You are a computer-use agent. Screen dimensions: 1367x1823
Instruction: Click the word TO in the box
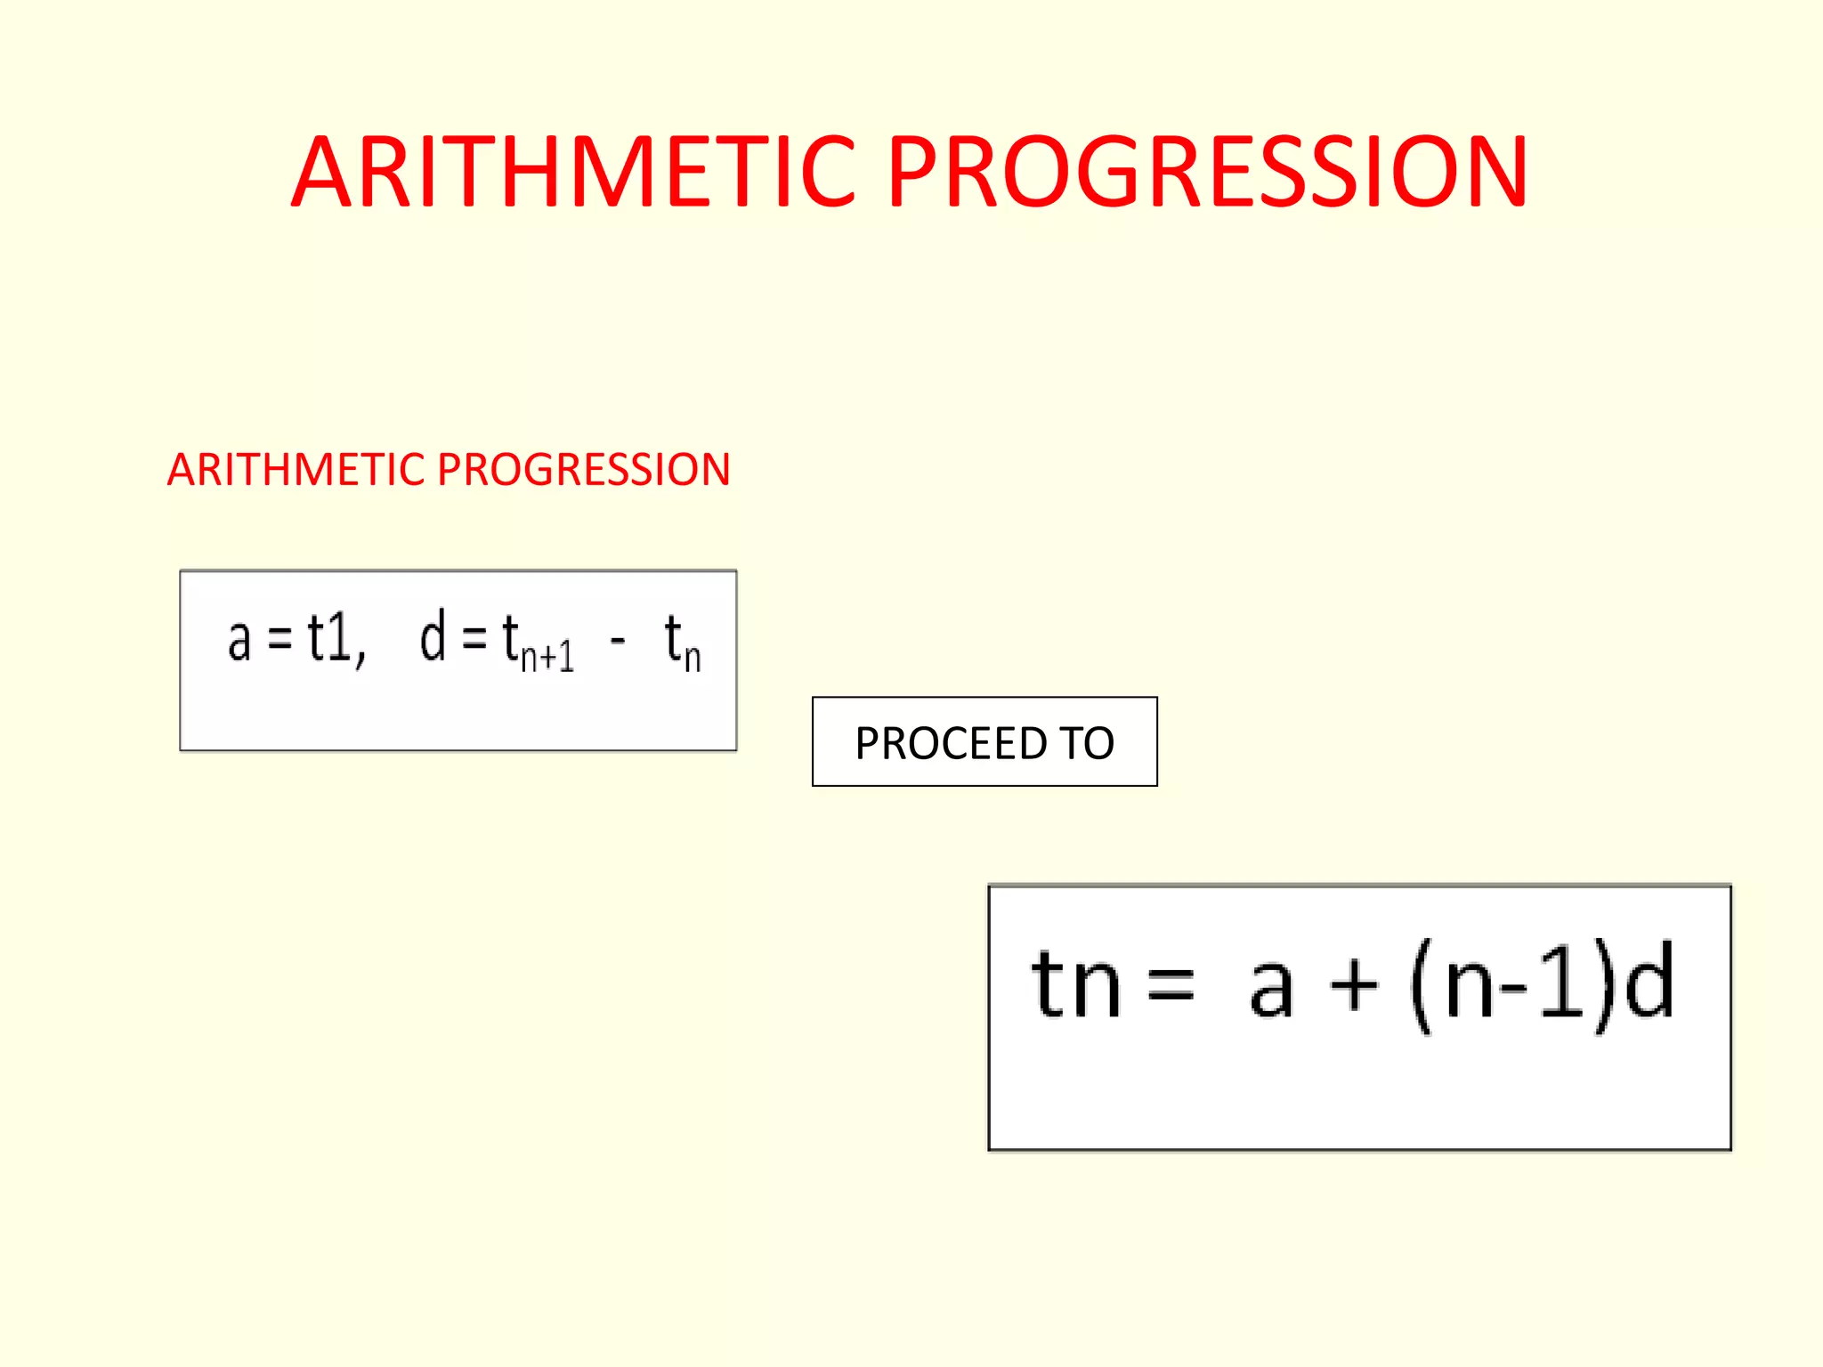click(1086, 743)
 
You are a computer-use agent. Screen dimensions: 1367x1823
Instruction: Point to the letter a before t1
click(239, 640)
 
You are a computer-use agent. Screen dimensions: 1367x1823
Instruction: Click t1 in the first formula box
click(329, 638)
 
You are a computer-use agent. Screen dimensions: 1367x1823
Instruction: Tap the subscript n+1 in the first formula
click(547, 658)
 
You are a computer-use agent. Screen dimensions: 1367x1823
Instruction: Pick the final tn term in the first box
click(682, 643)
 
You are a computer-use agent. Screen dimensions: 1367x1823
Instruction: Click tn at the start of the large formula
click(1075, 984)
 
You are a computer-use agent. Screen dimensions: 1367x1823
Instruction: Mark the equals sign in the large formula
click(1171, 986)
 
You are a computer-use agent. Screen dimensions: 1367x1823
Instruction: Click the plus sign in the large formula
click(1353, 985)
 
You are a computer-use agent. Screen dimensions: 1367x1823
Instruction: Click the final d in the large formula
click(1649, 981)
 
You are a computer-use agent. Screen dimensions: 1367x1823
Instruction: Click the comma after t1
click(361, 659)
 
